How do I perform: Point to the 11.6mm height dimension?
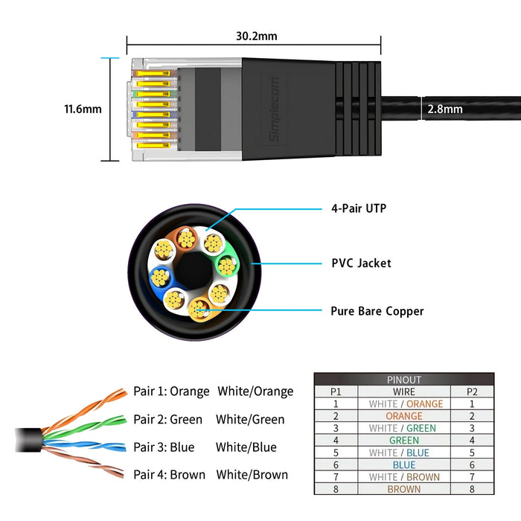[83, 109]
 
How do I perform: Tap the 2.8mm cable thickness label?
[444, 109]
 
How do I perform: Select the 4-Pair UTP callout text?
[359, 209]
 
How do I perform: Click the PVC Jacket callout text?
[361, 263]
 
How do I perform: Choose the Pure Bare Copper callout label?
[377, 311]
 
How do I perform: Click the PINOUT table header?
[403, 379]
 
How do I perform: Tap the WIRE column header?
[403, 391]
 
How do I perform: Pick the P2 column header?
[472, 391]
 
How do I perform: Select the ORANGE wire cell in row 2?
[403, 416]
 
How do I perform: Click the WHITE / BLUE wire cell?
[403, 453]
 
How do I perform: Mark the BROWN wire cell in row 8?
[403, 489]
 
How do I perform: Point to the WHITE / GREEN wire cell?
[403, 428]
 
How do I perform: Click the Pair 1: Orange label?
[171, 391]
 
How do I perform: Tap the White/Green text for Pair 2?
[250, 420]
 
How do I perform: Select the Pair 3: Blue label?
[164, 447]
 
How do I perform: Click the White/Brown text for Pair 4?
[252, 475]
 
